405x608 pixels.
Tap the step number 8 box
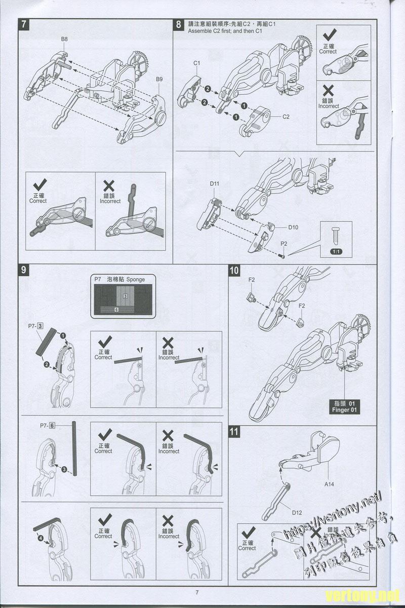coord(179,24)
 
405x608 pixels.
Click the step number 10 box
coord(234,270)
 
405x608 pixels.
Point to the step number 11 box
coord(234,432)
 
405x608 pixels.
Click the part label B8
coord(64,39)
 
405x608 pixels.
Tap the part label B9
coord(159,79)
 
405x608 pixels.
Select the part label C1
coord(197,62)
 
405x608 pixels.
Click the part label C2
coord(286,117)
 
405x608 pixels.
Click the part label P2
coord(285,244)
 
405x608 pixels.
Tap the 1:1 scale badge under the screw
coord(335,251)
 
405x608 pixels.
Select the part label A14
coord(330,484)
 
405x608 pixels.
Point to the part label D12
coord(297,512)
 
